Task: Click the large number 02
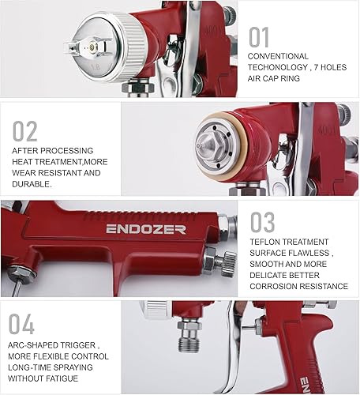[26, 130]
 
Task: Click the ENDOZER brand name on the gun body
[135, 229]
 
